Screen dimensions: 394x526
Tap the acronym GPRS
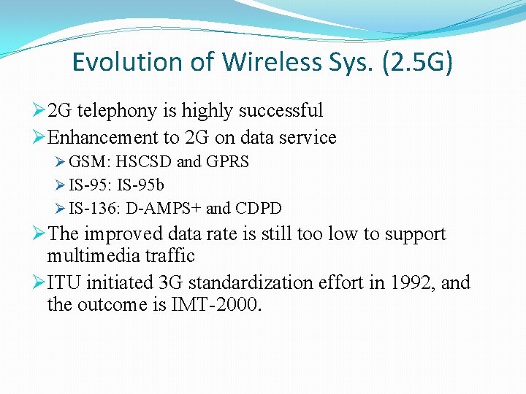226,162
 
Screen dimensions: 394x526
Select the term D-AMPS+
164,209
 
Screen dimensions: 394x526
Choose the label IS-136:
95,209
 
